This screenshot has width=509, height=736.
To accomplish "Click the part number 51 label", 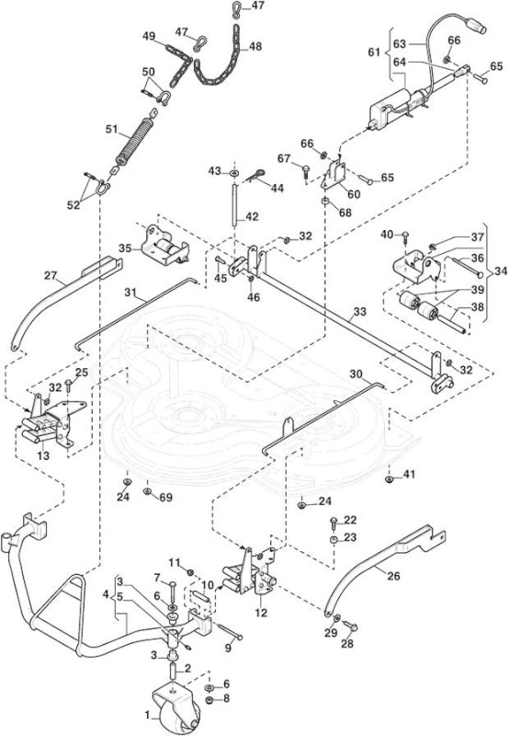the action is [x=111, y=129].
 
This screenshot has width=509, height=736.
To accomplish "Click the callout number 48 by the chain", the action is [x=255, y=47].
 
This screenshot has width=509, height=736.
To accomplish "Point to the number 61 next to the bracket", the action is [x=374, y=52].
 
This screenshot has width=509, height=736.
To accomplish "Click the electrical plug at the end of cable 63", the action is [x=478, y=26].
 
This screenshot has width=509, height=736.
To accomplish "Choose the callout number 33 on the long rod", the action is [x=360, y=312].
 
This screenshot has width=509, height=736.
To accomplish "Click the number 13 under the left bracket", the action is [x=43, y=455].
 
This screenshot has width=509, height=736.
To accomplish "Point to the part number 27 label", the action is [x=51, y=275].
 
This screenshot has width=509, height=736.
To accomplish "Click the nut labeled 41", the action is [x=389, y=478].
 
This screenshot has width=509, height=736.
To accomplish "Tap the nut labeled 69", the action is [x=147, y=491].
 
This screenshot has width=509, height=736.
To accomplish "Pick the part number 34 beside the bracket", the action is [x=501, y=271].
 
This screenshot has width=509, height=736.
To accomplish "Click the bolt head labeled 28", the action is [x=353, y=627].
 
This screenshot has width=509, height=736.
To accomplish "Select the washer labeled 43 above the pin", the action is [x=233, y=173].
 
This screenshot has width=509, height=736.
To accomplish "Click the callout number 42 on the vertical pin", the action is [x=252, y=217].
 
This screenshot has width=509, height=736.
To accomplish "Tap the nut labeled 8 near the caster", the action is [x=209, y=700].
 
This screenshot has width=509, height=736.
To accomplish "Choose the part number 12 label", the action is [x=261, y=613].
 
